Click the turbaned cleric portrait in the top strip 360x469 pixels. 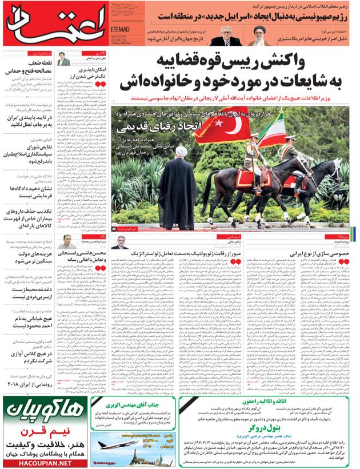259,35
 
